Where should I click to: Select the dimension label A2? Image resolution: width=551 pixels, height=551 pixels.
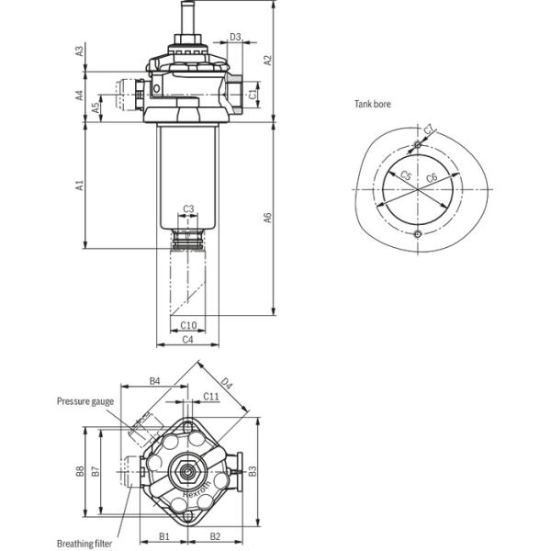point(268,61)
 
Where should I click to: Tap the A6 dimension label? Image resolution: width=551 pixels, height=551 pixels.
point(268,218)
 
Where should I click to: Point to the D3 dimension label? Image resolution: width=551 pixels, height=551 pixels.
point(235,37)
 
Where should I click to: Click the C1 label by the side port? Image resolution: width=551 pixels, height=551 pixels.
point(253,92)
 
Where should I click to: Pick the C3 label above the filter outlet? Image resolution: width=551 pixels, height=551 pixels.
point(187,208)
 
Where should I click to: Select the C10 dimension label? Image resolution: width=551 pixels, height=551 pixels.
point(187,325)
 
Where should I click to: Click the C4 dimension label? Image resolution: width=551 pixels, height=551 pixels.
point(187,340)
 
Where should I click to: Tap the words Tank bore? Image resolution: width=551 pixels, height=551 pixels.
point(373,105)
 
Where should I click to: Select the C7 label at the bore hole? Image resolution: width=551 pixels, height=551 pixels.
point(429,130)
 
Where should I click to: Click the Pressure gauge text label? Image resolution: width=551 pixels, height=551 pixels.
point(85,401)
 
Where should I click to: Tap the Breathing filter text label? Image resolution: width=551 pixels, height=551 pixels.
point(84,543)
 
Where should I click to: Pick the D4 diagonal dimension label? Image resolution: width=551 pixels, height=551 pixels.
point(227,385)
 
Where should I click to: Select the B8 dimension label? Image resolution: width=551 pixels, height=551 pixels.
point(81,471)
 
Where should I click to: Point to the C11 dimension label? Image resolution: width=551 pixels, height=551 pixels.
point(210,397)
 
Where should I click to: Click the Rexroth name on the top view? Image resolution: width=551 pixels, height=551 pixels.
point(197,488)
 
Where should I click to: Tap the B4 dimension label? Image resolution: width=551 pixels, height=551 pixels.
point(154,380)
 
